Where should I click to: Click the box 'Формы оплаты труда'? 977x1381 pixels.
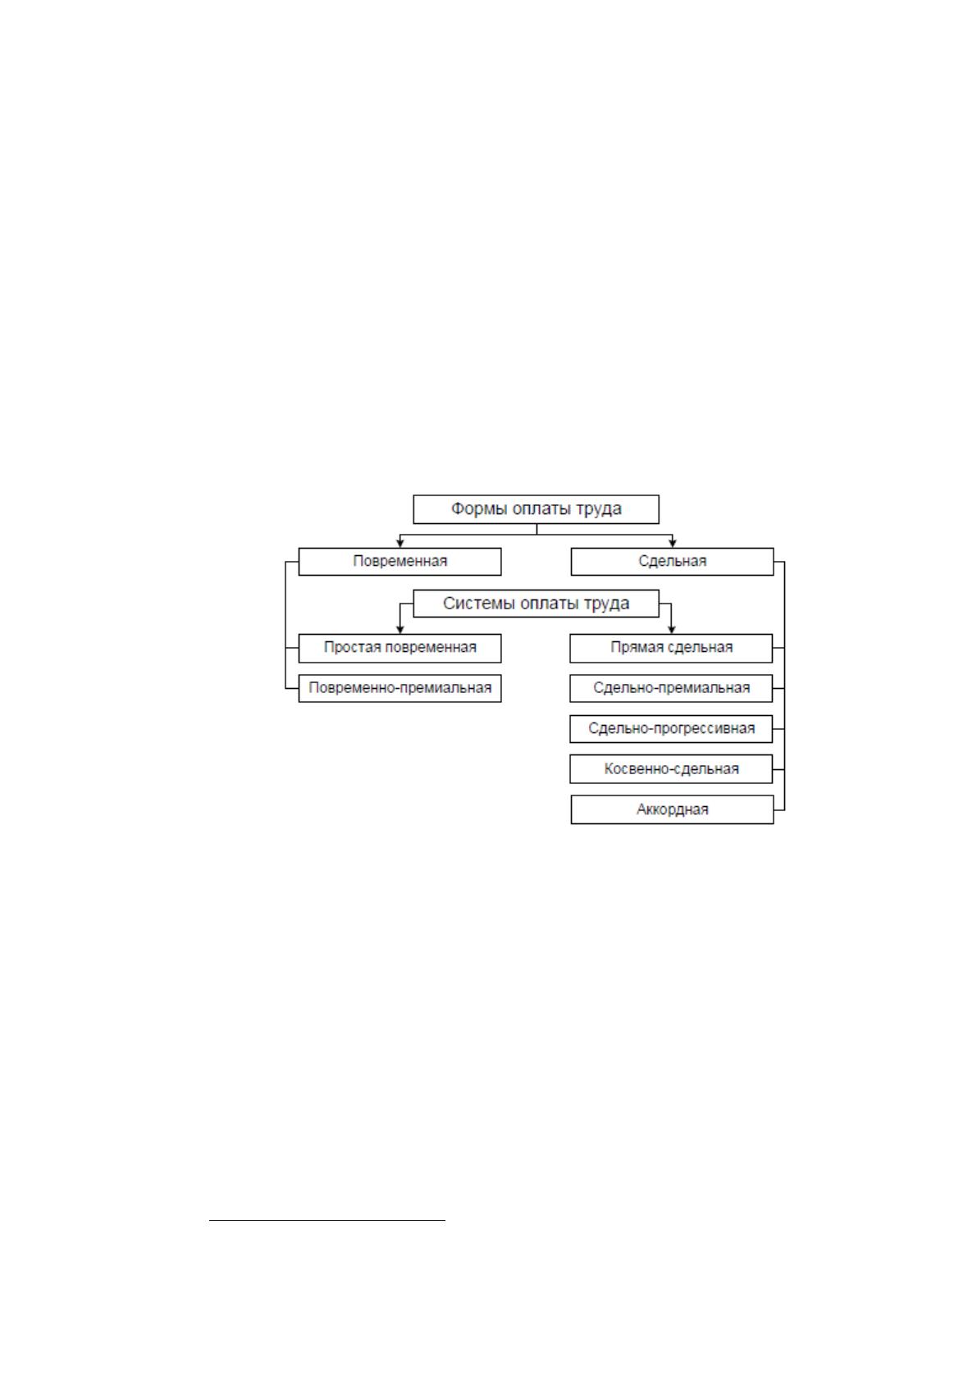click(x=536, y=509)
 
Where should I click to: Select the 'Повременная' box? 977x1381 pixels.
click(x=399, y=562)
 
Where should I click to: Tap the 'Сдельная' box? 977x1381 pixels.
click(x=673, y=562)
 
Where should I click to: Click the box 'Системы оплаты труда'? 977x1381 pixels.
click(x=536, y=604)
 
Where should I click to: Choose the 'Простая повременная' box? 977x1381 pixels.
click(x=399, y=648)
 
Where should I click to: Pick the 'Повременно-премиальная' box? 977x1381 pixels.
click(x=399, y=688)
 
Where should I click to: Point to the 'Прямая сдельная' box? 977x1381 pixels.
click(x=671, y=648)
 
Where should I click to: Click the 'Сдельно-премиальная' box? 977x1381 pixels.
click(x=671, y=688)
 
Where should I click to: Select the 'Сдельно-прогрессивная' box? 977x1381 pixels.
click(x=671, y=729)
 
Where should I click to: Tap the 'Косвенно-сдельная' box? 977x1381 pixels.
click(x=671, y=769)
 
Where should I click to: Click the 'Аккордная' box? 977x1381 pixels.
click(x=673, y=809)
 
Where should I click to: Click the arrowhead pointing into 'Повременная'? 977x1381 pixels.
click(x=400, y=543)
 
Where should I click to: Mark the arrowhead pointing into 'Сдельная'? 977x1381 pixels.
click(x=673, y=543)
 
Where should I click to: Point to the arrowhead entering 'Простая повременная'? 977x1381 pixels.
click(x=400, y=629)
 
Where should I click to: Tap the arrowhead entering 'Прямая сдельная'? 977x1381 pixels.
click(x=672, y=629)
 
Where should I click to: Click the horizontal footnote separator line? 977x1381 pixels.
click(x=327, y=1220)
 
